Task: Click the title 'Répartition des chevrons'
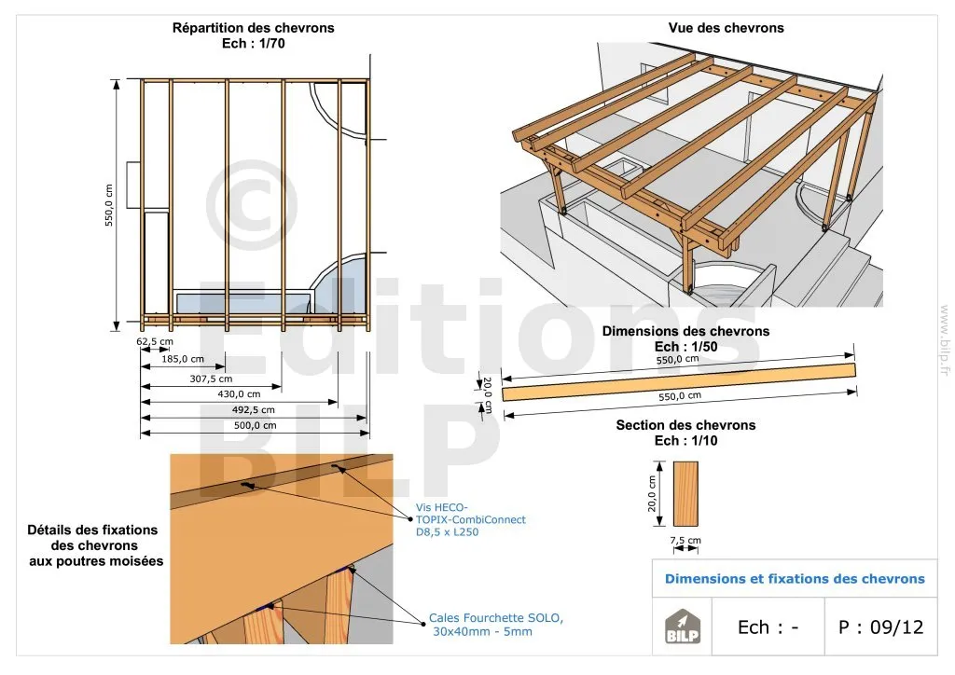click(253, 28)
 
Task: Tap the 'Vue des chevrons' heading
click(726, 28)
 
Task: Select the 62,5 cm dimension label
click(155, 341)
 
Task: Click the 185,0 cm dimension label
click(183, 359)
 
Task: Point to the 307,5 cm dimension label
click(211, 379)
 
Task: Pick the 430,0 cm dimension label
click(239, 394)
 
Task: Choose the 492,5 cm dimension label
click(254, 410)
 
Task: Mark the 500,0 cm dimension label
click(256, 425)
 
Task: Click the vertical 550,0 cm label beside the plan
click(109, 205)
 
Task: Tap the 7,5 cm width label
click(685, 540)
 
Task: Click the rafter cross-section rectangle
click(685, 493)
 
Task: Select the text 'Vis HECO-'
click(442, 507)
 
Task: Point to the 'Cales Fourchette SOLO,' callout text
click(496, 618)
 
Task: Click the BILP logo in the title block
click(682, 627)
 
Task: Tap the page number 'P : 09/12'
click(880, 627)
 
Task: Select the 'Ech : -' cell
click(768, 627)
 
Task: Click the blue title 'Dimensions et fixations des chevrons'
click(795, 579)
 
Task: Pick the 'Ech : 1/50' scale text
click(685, 346)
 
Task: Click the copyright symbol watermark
click(252, 206)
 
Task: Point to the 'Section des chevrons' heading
click(685, 425)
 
